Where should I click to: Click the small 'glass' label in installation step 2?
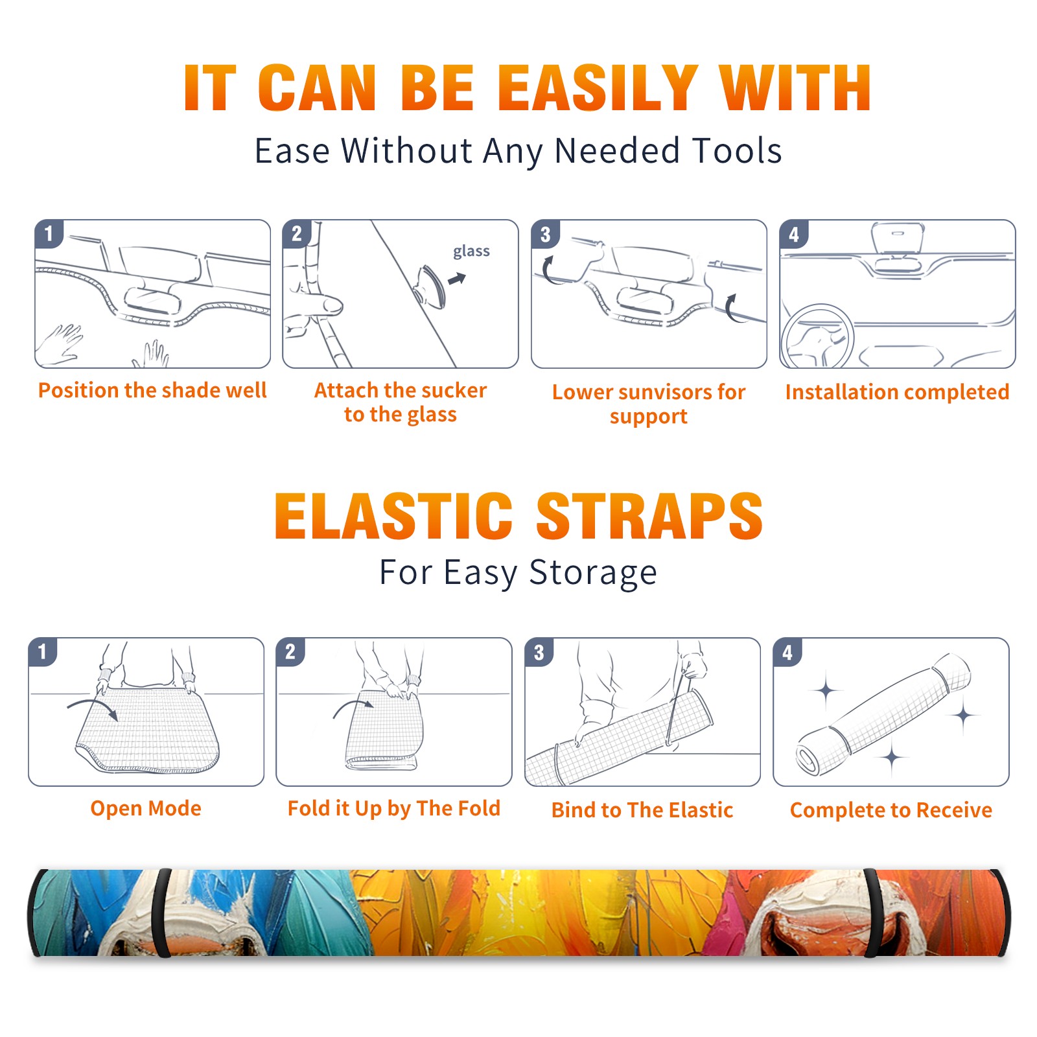471,251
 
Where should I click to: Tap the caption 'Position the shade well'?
152,390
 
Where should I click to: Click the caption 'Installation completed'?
897,391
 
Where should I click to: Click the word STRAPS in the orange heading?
649,516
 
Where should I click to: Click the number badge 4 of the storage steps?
787,652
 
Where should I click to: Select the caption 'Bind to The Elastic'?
642,810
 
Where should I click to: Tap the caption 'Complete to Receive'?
891,810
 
